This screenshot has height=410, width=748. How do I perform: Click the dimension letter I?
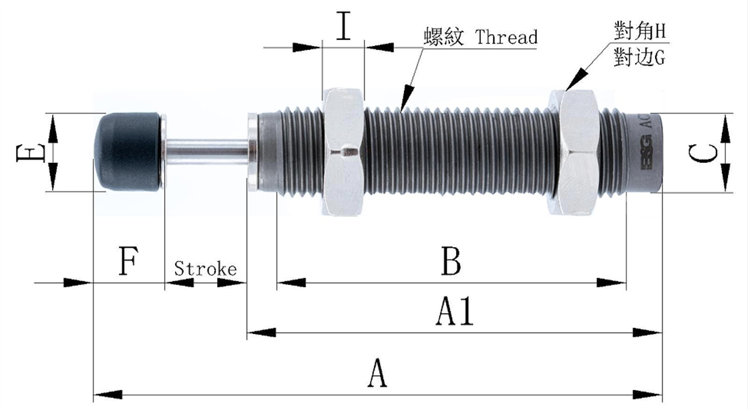[343, 26]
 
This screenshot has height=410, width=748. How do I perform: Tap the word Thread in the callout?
[506, 37]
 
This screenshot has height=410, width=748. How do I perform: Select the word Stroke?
[205, 269]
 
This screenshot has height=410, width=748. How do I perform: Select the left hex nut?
[343, 152]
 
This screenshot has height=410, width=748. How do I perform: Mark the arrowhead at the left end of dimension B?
[285, 282]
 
